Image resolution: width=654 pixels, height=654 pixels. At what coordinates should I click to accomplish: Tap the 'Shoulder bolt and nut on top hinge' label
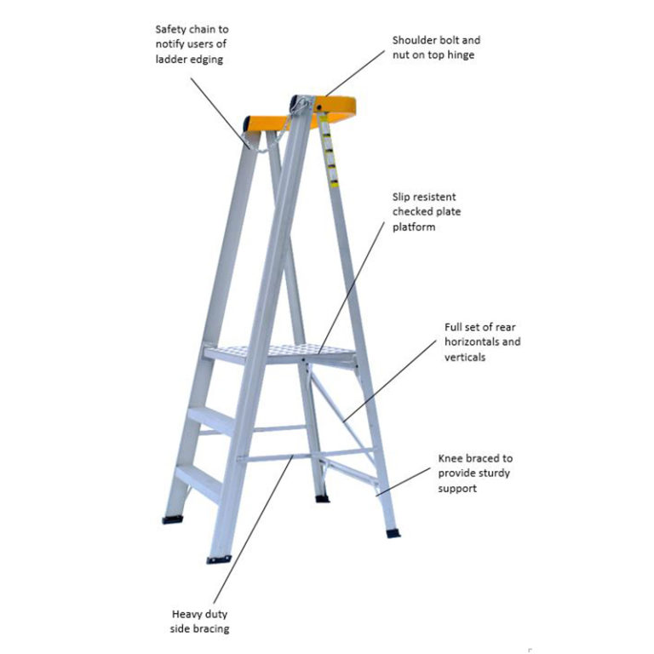pos(436,48)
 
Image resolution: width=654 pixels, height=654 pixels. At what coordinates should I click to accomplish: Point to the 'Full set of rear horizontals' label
pos(482,341)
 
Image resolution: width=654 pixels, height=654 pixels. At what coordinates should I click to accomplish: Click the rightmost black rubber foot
pos(393,532)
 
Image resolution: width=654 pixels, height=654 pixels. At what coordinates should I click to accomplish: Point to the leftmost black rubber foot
pos(173,518)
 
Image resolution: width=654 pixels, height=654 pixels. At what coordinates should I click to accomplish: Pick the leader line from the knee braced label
pos(405,479)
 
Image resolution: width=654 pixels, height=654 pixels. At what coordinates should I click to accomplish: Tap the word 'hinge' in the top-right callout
pos(464,54)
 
